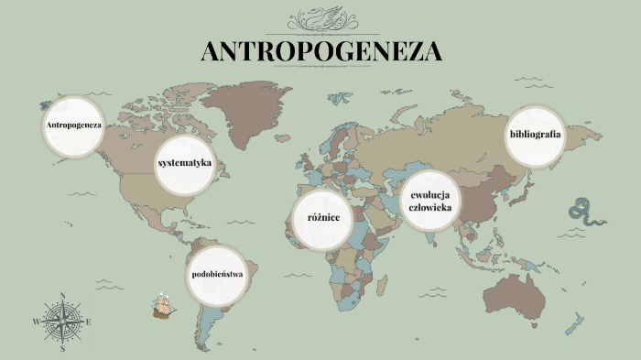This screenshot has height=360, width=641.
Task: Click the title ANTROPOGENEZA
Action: pyautogui.click(x=320, y=51)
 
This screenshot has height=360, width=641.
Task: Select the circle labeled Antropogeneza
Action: pyautogui.click(x=73, y=124)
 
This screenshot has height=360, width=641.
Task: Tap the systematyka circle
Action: pyautogui.click(x=185, y=164)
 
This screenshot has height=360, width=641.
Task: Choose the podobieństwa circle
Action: pyautogui.click(x=218, y=275)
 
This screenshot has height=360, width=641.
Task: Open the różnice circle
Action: pyautogui.click(x=321, y=218)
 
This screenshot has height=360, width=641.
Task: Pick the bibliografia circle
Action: pyautogui.click(x=535, y=136)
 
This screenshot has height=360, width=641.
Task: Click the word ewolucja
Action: pyautogui.click(x=432, y=195)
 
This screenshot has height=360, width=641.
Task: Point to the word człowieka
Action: pyautogui.click(x=432, y=209)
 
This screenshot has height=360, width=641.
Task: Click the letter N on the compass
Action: pyautogui.click(x=62, y=295)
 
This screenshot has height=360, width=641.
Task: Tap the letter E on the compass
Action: pyautogui.click(x=89, y=322)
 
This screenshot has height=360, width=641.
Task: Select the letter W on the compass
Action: pyautogui.click(x=37, y=322)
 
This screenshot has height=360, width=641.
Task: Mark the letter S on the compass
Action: pyautogui.click(x=62, y=349)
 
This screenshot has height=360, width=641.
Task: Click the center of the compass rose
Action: pyautogui.click(x=62, y=322)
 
